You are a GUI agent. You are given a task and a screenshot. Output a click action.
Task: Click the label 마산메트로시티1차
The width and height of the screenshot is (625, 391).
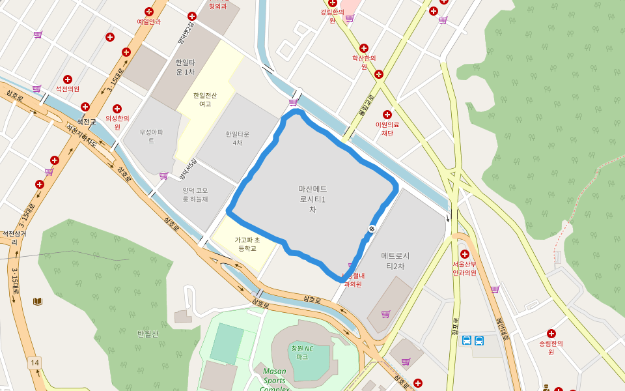pyautogui.click(x=312, y=199)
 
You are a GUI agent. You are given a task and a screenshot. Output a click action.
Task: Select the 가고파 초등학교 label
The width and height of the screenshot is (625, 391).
pyautogui.click(x=247, y=244)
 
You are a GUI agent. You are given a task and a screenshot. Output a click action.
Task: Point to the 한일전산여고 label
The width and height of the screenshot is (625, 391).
pyautogui.click(x=205, y=99)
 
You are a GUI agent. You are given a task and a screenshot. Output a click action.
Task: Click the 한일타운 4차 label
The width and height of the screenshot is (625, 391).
pyautogui.click(x=238, y=138)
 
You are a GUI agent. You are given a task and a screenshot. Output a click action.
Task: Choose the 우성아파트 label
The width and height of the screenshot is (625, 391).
pyautogui.click(x=150, y=136)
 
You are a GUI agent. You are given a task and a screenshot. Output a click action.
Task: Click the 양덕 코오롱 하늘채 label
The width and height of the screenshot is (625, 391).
pyautogui.click(x=195, y=194)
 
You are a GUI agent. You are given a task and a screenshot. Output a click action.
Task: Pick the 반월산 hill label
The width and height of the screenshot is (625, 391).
pyautogui.click(x=148, y=334)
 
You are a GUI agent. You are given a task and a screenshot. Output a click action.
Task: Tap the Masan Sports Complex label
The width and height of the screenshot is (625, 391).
pyautogui.click(x=275, y=379)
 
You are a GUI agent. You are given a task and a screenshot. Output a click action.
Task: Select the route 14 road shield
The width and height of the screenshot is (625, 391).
pyautogui.click(x=35, y=362)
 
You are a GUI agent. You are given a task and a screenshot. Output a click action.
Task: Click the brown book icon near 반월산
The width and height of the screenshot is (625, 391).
pyautogui.click(x=38, y=301)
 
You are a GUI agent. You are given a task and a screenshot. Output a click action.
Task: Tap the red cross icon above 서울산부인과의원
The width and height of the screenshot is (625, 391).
pyautogui.click(x=465, y=253)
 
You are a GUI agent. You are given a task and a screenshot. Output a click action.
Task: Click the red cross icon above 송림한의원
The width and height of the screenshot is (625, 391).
pyautogui.click(x=551, y=334)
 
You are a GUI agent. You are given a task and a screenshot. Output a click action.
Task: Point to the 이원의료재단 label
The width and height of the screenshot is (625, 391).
pyautogui.click(x=387, y=128)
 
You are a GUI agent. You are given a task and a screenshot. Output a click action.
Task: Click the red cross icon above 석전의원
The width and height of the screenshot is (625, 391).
pyautogui.click(x=68, y=80)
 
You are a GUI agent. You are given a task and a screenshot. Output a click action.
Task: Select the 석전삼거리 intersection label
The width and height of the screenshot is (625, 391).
pyautogui.click(x=14, y=237)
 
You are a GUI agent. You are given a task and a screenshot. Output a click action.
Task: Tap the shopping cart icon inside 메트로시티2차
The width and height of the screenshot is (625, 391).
pyautogui.click(x=385, y=314)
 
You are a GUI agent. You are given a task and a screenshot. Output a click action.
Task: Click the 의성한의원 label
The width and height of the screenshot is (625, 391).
pyautogui.click(x=118, y=122)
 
